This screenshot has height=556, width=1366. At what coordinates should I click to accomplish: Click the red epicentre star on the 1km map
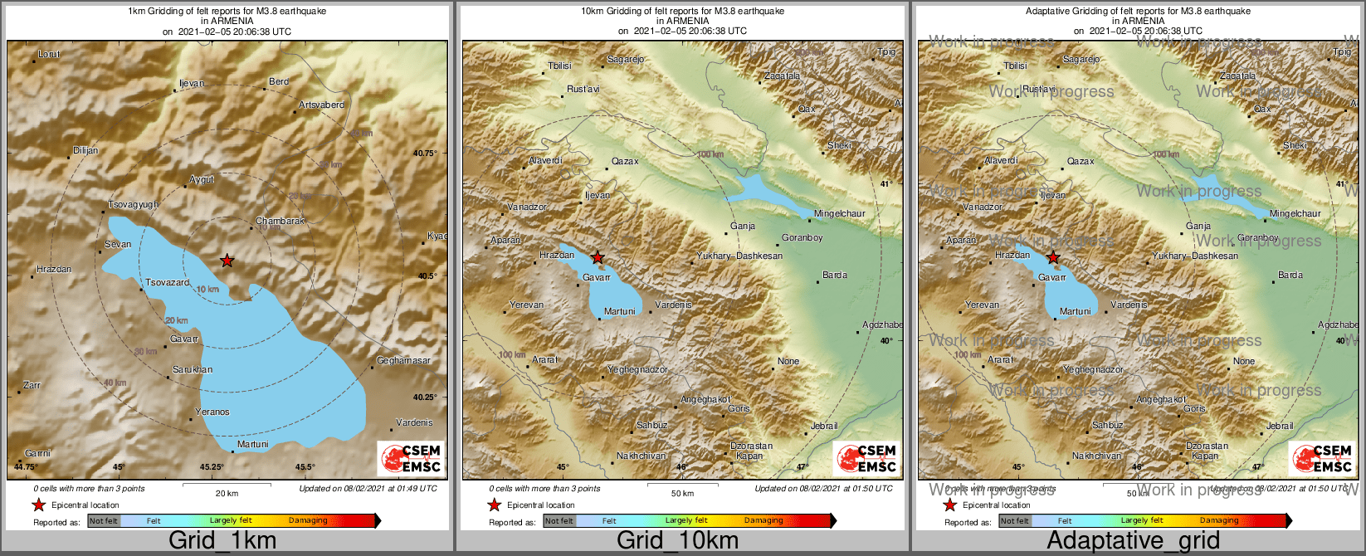[227, 261]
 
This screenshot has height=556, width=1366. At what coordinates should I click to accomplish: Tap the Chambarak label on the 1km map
[281, 222]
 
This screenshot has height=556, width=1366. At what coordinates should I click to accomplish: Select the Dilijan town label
[85, 151]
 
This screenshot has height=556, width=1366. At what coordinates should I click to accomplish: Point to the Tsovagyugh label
[133, 205]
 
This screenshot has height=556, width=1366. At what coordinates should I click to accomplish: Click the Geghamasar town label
[403, 361]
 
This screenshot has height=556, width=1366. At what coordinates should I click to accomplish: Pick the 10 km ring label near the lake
[207, 289]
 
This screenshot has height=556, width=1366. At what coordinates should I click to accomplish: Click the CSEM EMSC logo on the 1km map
[410, 458]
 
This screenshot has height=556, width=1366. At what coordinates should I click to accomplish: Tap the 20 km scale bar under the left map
[227, 485]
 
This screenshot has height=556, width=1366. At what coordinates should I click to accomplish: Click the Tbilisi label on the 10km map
[559, 66]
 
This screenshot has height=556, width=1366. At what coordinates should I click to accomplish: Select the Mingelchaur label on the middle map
[839, 214]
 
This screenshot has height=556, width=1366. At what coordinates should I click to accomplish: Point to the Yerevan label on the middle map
[526, 305]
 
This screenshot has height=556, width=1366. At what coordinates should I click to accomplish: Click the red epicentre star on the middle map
[598, 257]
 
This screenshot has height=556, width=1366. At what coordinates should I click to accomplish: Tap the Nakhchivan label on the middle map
[641, 456]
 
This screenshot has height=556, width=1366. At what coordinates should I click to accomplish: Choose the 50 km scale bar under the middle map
[682, 485]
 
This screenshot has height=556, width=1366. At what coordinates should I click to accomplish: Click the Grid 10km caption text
[677, 541]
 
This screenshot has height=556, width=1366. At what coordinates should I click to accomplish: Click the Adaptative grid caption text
[1133, 541]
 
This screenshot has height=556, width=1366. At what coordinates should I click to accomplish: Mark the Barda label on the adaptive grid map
[1290, 276]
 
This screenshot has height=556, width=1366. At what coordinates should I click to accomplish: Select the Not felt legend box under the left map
[104, 521]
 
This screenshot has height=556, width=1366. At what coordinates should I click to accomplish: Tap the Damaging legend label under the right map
[1218, 521]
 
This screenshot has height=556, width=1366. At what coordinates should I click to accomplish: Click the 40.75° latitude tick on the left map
[425, 154]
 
